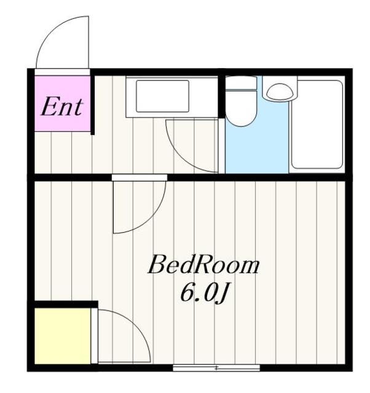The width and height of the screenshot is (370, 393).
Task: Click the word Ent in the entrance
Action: (x=61, y=107)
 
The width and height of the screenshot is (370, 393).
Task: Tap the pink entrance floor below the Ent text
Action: (x=61, y=124)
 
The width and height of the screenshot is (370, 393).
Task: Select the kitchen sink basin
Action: (x=162, y=96)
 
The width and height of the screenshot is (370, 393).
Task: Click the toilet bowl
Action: (x=240, y=109)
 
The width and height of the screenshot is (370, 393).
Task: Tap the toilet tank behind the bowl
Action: (x=240, y=84)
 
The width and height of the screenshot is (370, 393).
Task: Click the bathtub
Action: (x=317, y=125)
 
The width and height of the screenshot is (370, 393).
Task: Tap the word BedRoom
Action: (x=203, y=266)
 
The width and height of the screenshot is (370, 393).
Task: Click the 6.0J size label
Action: (x=205, y=294)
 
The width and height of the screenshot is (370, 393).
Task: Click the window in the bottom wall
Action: (x=216, y=368)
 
